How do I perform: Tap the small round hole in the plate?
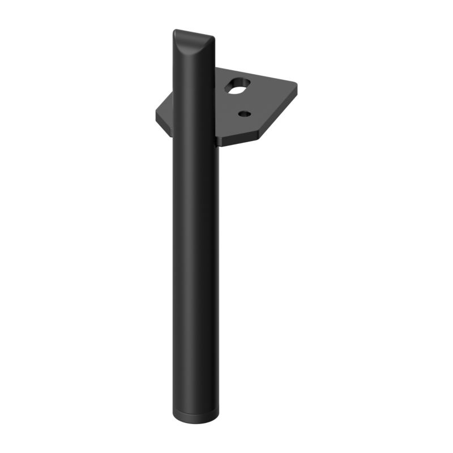tap(244, 114)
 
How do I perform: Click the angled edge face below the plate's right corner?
tap(280, 113)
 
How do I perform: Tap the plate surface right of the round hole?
tap(266, 110)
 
